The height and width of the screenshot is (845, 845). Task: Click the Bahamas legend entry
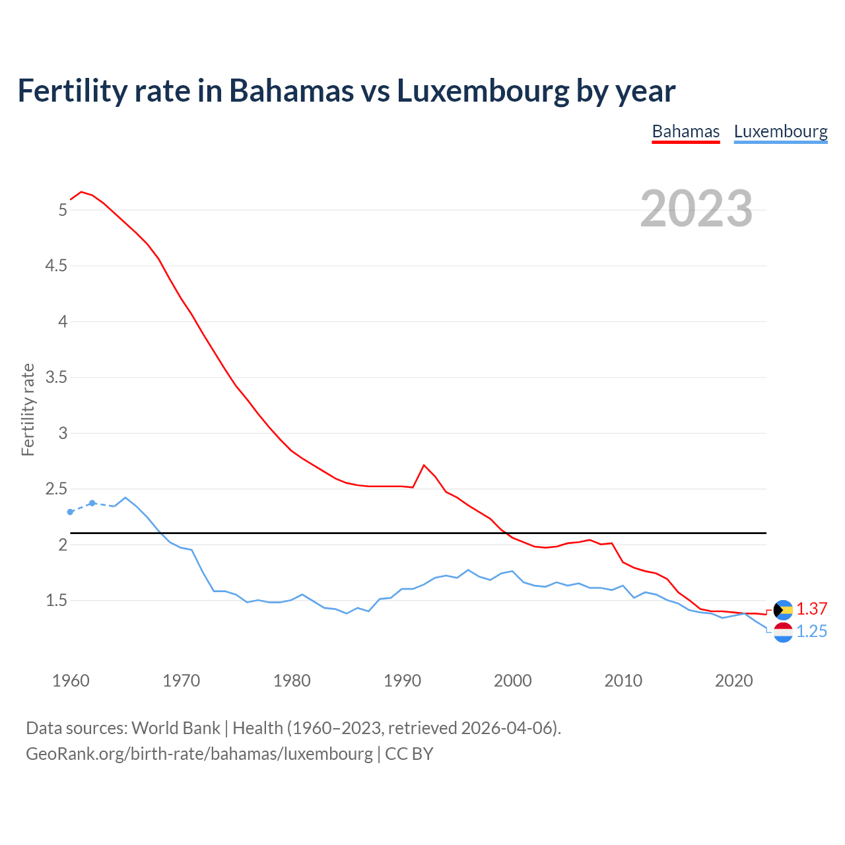click(685, 131)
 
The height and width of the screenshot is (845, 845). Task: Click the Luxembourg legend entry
click(780, 131)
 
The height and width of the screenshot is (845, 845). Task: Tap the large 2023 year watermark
click(696, 209)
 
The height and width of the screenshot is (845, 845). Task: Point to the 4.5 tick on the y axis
click(55, 266)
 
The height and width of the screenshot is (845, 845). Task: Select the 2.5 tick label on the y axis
click(55, 489)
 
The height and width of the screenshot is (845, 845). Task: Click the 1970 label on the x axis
click(181, 681)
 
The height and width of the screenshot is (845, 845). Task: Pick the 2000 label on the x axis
click(512, 681)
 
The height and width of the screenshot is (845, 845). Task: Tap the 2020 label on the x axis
click(733, 681)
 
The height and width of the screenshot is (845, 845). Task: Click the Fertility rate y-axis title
click(28, 409)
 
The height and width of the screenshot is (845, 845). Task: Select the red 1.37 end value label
click(811, 609)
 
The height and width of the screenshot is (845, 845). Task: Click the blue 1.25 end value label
click(811, 632)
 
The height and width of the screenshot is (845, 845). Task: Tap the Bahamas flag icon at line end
click(783, 609)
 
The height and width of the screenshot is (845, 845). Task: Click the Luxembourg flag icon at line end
click(783, 632)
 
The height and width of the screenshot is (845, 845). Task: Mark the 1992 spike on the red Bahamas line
click(424, 465)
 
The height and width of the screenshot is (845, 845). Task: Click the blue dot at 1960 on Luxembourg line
click(71, 512)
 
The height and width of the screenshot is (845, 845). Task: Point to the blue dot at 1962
click(92, 503)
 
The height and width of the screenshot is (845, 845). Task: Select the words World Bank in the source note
click(176, 728)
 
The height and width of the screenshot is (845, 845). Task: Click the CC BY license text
click(409, 754)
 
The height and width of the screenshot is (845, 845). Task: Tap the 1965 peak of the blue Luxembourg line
click(125, 498)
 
